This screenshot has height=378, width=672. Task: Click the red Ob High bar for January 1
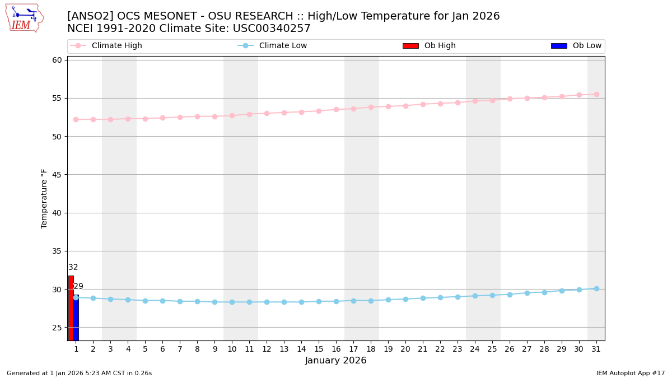71,308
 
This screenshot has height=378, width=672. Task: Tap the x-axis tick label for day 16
336,349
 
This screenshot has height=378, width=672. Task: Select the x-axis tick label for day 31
596,349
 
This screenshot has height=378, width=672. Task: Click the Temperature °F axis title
45,198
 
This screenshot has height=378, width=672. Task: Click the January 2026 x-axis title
336,361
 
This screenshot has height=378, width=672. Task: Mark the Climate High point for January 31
596,94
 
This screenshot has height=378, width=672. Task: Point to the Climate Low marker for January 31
596,288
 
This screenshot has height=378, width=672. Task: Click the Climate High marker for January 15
319,111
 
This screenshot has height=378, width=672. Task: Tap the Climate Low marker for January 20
405,299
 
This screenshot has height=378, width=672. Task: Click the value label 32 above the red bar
73,267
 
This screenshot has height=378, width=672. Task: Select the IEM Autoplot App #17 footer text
630,373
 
